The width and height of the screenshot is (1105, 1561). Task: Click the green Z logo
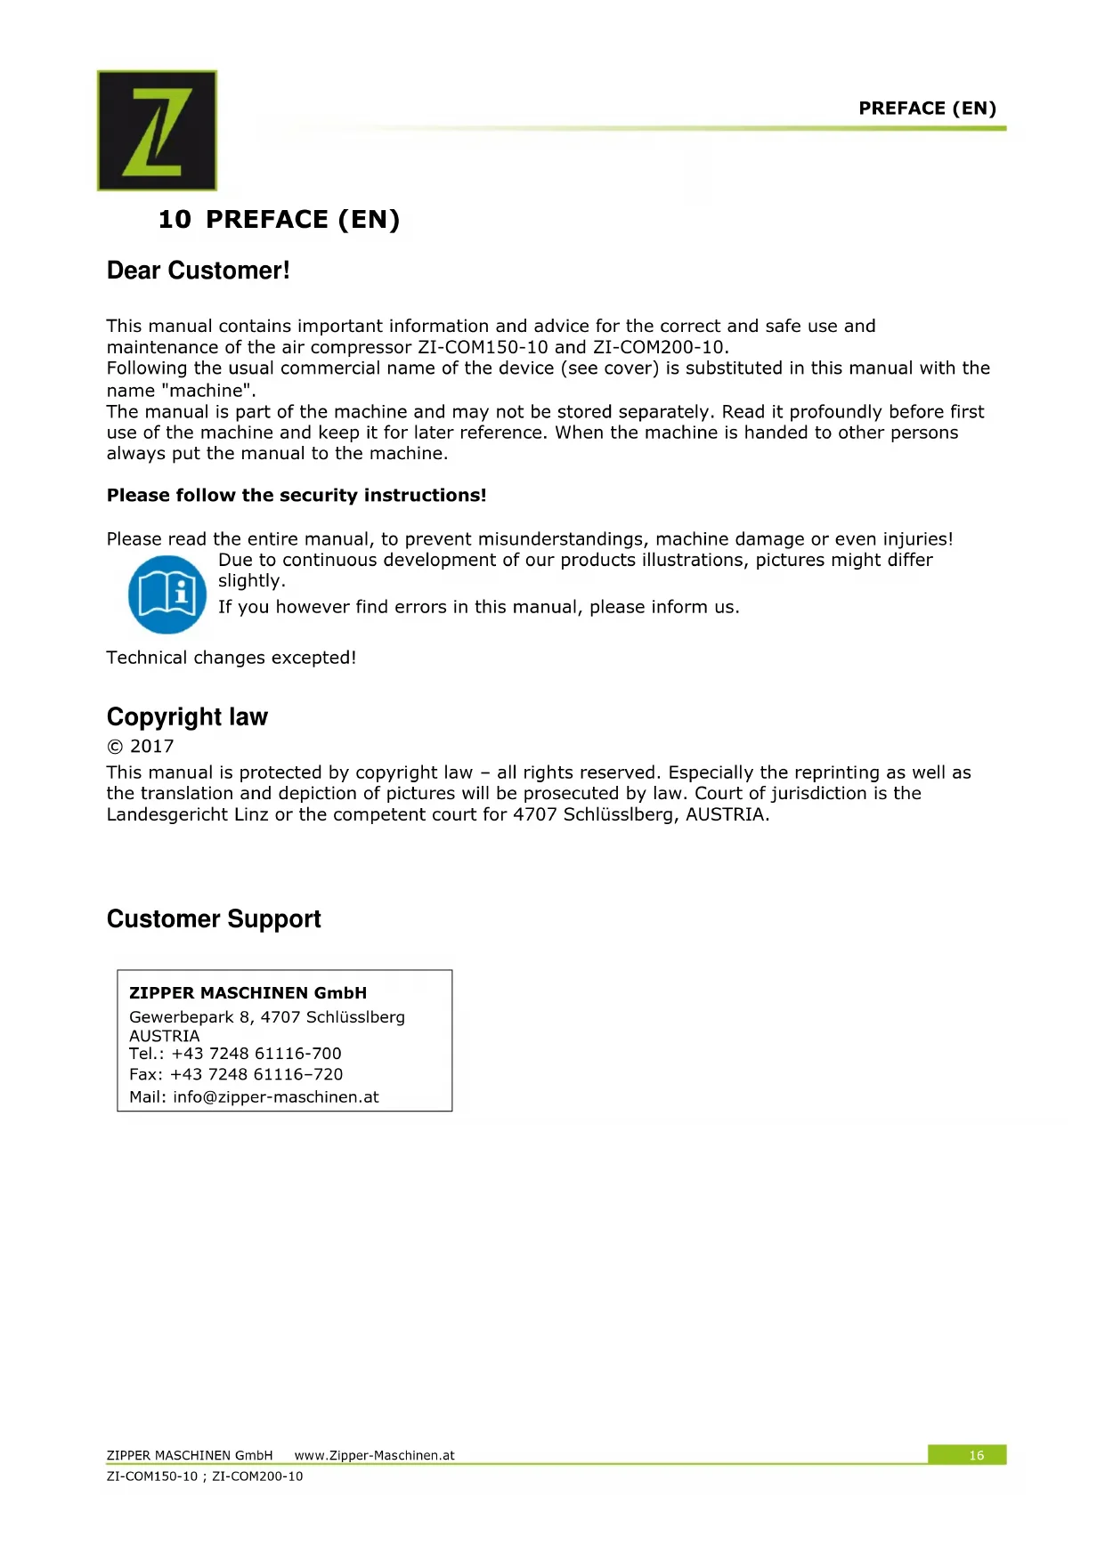[157, 130]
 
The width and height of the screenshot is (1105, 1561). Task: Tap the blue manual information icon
[167, 594]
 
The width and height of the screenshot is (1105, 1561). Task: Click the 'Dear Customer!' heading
[198, 271]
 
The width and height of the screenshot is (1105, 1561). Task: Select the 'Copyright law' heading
[187, 716]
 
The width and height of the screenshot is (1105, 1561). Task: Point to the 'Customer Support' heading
[214, 918]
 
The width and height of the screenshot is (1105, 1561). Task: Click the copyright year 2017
[151, 747]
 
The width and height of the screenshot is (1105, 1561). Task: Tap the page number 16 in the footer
[976, 1455]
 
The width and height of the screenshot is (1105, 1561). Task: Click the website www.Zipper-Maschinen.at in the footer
[374, 1455]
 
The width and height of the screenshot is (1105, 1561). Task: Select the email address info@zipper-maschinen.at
[276, 1096]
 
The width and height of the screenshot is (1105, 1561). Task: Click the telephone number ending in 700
[256, 1054]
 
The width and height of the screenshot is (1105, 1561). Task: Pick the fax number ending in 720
[256, 1074]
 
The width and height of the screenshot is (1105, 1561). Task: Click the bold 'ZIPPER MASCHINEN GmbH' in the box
[248, 992]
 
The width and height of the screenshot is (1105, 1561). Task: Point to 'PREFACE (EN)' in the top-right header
[927, 109]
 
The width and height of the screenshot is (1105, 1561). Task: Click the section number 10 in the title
[175, 220]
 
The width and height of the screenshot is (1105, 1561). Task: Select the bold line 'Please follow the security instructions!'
[297, 496]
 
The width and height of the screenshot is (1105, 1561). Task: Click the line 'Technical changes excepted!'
[231, 658]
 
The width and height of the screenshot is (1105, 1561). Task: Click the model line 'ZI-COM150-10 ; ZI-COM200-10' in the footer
[204, 1476]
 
